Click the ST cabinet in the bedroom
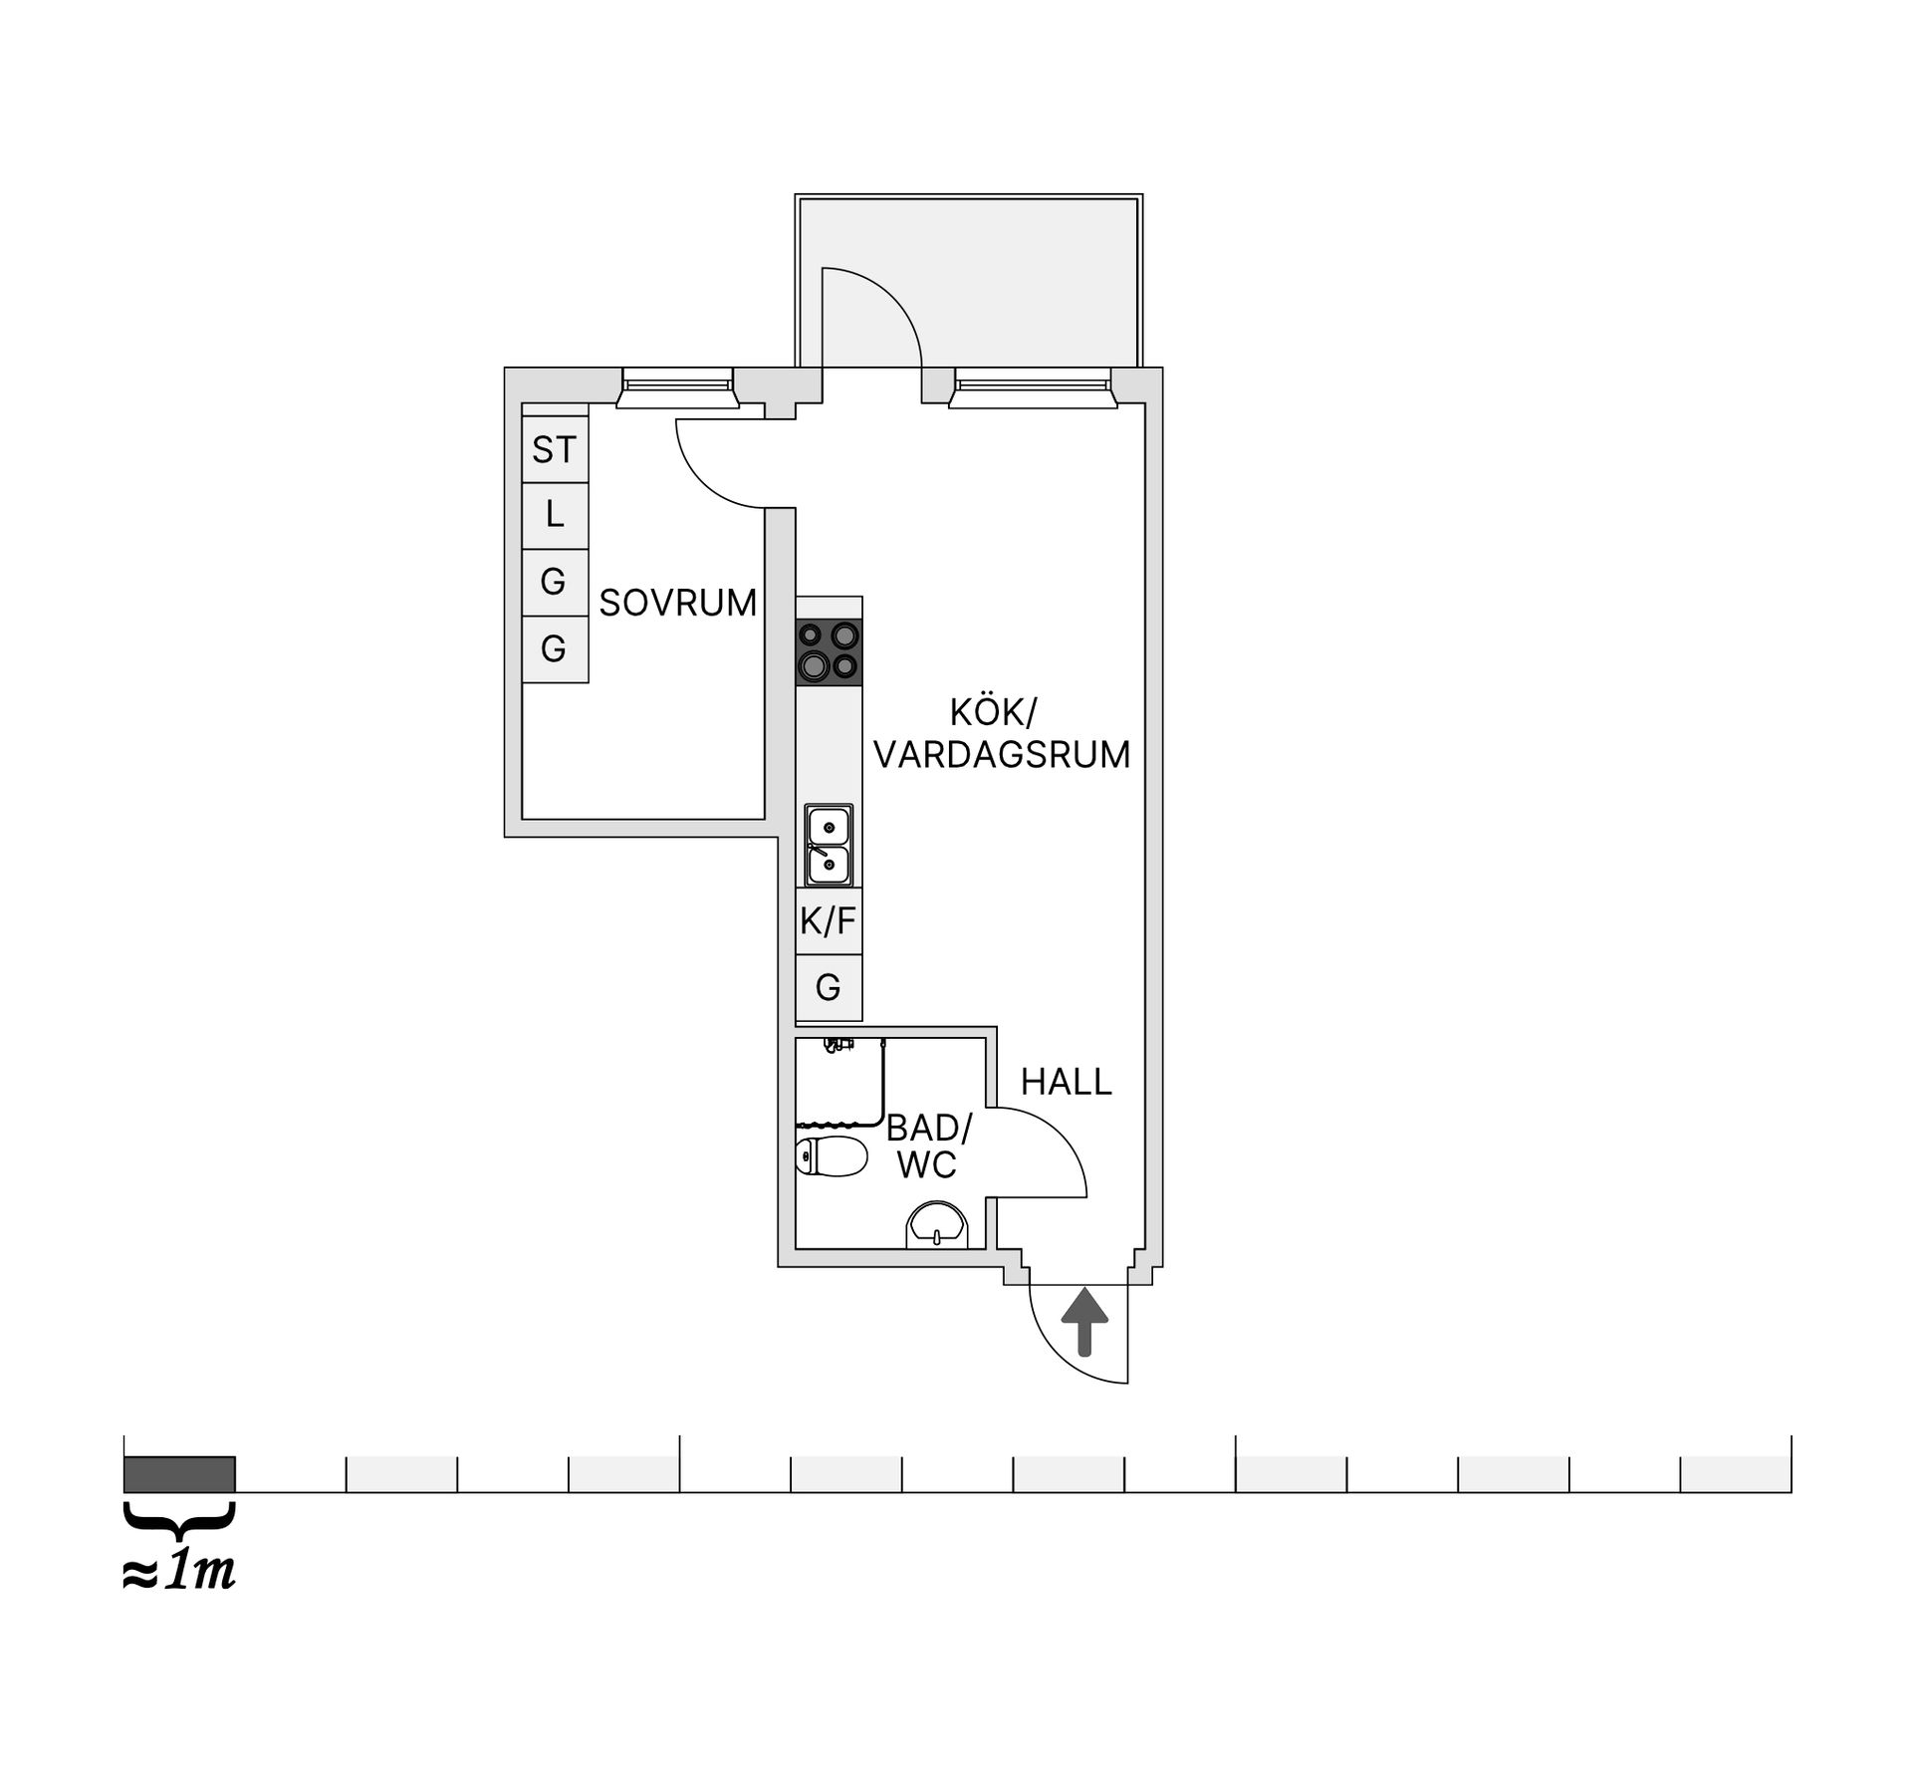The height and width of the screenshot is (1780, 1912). (555, 450)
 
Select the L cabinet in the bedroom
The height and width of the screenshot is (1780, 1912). (555, 516)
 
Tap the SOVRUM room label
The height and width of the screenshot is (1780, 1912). (677, 604)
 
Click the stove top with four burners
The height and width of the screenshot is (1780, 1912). (829, 651)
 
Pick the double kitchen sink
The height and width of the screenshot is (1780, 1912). (829, 846)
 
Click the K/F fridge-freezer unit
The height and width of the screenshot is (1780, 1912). (829, 921)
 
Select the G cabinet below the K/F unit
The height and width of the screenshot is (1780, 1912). (829, 988)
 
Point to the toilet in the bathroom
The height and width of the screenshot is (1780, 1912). (832, 1156)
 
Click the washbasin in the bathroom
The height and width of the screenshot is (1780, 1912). (936, 1226)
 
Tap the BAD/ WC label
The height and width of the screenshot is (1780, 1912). (928, 1146)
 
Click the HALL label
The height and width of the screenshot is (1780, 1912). (1066, 1082)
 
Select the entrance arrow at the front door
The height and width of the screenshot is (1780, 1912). (1083, 1322)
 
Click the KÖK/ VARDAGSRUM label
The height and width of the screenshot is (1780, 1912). (1001, 734)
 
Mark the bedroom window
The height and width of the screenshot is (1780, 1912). (677, 386)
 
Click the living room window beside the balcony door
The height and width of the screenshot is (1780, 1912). (1032, 386)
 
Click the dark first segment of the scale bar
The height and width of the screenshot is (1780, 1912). (179, 1474)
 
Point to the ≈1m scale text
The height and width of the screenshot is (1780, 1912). (179, 1571)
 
